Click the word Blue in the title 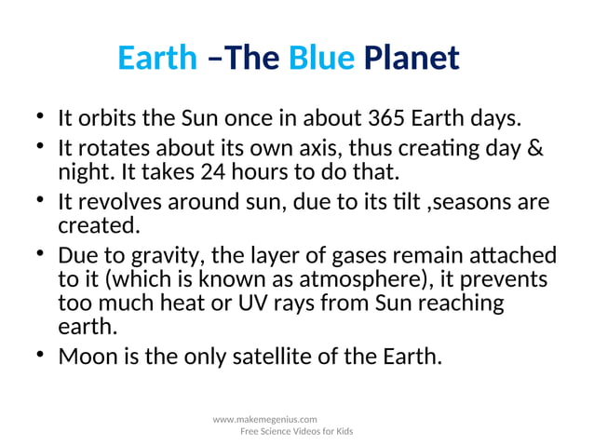[321, 59]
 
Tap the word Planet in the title [412, 59]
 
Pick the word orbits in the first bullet [105, 120]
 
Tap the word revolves [117, 203]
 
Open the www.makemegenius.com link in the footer [265, 420]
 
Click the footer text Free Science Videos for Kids [296, 432]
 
